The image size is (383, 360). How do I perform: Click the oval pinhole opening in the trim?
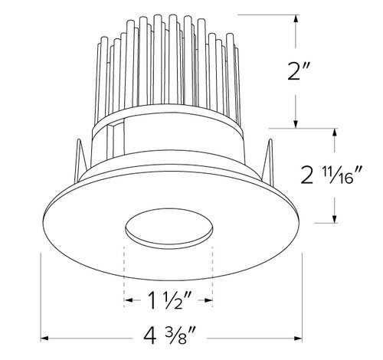pos(169,229)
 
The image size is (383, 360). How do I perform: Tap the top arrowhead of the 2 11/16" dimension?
pos(335,133)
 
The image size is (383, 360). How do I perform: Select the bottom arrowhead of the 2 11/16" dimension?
pos(335,220)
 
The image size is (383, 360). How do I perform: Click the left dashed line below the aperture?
pos(123,268)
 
